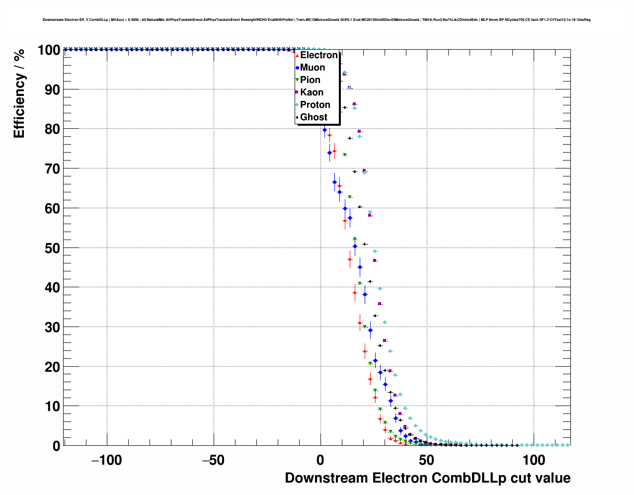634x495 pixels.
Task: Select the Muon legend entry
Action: click(x=312, y=68)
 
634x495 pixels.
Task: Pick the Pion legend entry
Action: click(x=310, y=80)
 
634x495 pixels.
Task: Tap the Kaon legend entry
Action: click(x=312, y=92)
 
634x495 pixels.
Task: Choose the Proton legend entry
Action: click(x=315, y=105)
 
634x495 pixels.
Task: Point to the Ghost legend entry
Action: click(x=314, y=117)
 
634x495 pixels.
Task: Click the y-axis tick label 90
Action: click(x=52, y=90)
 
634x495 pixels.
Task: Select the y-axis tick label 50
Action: click(x=52, y=248)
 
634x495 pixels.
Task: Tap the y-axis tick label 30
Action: click(x=52, y=328)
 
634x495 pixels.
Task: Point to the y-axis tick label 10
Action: click(x=52, y=407)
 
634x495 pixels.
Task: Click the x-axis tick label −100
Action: click(x=106, y=460)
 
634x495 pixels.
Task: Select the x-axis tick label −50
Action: click(x=214, y=460)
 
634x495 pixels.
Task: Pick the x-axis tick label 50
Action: click(x=426, y=460)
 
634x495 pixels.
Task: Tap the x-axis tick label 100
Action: click(x=534, y=460)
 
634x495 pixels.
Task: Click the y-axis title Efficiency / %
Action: click(x=19, y=93)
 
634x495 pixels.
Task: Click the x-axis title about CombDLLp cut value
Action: click(x=427, y=478)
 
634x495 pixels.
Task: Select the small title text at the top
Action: click(x=317, y=20)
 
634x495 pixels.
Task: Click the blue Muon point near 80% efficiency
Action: click(x=324, y=130)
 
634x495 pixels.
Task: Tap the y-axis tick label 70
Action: click(x=52, y=169)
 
